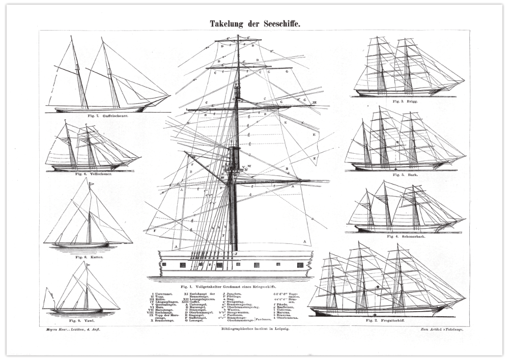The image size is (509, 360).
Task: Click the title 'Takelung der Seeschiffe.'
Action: tap(255, 23)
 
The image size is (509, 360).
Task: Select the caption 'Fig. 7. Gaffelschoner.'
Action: tap(107, 116)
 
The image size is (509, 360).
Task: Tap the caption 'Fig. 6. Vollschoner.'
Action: tap(94, 174)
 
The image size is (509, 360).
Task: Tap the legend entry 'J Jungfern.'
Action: tap(231, 294)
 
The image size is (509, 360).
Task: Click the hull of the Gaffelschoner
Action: tap(102, 108)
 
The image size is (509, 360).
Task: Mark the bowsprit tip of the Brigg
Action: tap(464, 80)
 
